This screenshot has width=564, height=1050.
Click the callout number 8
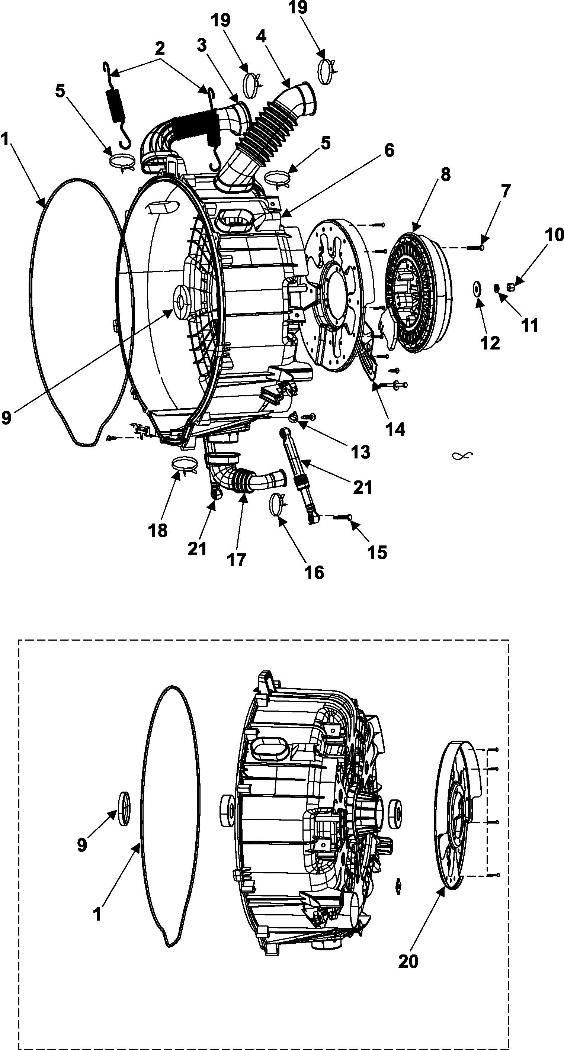pos(445,175)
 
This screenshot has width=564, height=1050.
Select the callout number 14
pos(395,429)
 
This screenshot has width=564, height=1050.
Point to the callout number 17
pos(237,560)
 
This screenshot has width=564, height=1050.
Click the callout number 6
pos(390,151)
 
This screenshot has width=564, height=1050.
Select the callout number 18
pos(158,530)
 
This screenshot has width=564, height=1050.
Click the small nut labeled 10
pos(510,288)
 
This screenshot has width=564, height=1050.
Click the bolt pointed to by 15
pos(343,517)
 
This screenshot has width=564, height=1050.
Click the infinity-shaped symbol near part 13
pos(462,456)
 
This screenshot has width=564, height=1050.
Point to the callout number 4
pos(262,37)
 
